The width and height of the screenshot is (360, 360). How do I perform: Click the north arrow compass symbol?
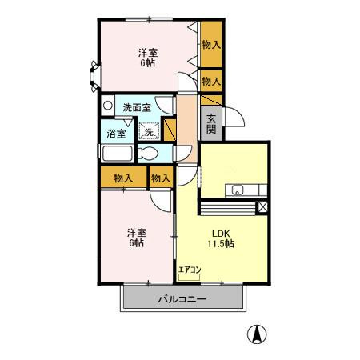(257, 334)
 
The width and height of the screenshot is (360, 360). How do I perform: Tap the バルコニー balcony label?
(182, 299)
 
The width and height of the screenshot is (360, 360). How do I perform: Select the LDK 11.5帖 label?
(221, 238)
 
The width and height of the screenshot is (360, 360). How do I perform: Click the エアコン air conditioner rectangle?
(189, 278)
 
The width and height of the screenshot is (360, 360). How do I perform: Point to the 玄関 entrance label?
(211, 124)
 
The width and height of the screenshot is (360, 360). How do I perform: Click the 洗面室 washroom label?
(137, 107)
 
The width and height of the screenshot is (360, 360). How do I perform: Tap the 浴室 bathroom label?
(116, 134)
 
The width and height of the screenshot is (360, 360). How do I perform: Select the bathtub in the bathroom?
(118, 154)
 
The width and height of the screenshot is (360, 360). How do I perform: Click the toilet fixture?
(148, 154)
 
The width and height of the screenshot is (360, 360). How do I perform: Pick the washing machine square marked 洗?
(149, 131)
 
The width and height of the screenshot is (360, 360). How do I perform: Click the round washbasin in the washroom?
(108, 106)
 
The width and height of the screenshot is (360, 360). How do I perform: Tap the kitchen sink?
(237, 190)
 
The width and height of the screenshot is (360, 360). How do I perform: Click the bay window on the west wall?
(94, 77)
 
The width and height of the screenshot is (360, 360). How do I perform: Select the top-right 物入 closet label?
(211, 45)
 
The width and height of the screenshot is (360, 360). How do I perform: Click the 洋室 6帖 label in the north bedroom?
(148, 58)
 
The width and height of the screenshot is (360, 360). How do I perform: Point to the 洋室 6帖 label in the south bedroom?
(137, 238)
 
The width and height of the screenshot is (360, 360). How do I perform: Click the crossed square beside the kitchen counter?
(262, 207)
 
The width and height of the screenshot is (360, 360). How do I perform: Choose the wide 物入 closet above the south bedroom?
(123, 178)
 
